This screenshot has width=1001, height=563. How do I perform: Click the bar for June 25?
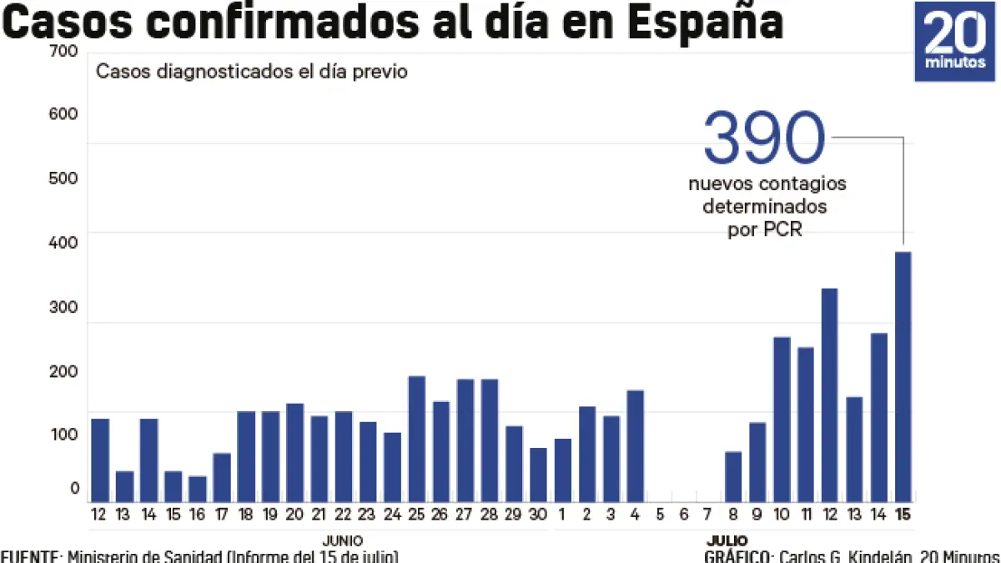[x=417, y=439]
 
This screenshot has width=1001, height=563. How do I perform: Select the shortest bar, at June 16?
[x=198, y=489]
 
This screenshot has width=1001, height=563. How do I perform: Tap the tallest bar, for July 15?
[x=903, y=376]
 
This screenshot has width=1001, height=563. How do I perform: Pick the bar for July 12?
[x=829, y=395]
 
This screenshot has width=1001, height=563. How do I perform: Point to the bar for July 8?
[x=733, y=476]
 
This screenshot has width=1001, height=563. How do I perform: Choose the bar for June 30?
[x=539, y=475]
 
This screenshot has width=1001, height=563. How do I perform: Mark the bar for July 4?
[x=636, y=445]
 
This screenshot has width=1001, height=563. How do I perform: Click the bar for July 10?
[x=782, y=419]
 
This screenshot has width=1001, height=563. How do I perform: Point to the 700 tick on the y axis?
[x=64, y=52]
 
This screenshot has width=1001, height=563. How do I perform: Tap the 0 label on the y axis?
[x=74, y=488]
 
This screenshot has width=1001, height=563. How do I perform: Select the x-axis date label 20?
[x=294, y=515]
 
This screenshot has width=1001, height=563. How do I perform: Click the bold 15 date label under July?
[x=903, y=515]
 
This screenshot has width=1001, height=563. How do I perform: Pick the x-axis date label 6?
[x=684, y=515]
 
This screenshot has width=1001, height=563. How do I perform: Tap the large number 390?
[x=764, y=138]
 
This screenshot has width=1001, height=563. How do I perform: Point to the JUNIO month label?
[x=343, y=540]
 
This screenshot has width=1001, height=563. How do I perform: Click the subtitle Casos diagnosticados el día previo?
[x=252, y=72]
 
